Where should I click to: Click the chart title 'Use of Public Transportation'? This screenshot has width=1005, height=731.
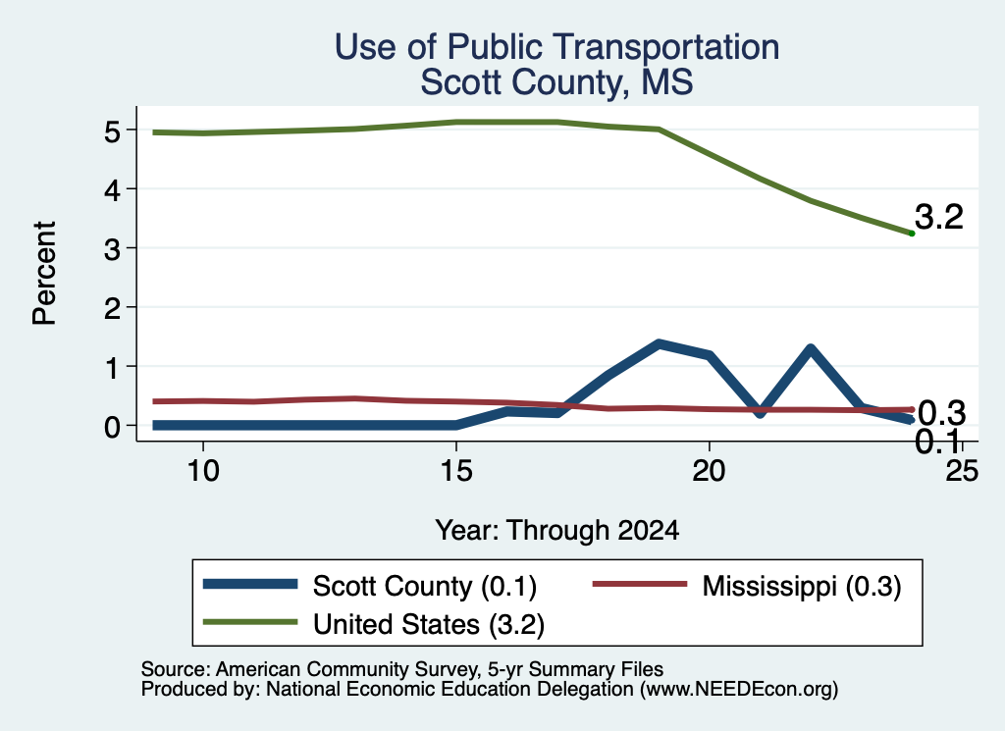[557, 47]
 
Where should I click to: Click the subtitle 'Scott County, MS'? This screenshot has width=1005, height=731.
[557, 82]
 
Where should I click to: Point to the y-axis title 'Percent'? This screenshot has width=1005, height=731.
[44, 274]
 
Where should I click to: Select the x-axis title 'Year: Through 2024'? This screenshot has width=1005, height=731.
[557, 531]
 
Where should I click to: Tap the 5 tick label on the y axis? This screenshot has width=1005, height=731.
[112, 132]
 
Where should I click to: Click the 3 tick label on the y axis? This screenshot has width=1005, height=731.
[112, 248]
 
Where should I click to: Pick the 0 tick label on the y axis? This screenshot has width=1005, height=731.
[112, 426]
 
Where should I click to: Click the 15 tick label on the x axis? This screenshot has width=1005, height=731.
[455, 472]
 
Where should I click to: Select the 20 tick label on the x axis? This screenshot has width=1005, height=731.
[709, 472]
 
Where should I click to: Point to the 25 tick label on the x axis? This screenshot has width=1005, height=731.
[962, 472]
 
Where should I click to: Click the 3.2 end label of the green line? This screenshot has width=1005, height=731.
[939, 217]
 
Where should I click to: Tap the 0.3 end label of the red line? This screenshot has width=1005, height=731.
[941, 414]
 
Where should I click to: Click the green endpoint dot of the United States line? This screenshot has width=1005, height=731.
[912, 234]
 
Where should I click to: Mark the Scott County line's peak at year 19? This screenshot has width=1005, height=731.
[659, 344]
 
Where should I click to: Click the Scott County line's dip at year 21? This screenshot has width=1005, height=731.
[761, 412]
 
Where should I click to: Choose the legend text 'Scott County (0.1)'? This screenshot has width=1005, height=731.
[424, 586]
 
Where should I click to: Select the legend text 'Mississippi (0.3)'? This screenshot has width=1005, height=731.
[802, 586]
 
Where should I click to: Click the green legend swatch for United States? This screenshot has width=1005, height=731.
[250, 622]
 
